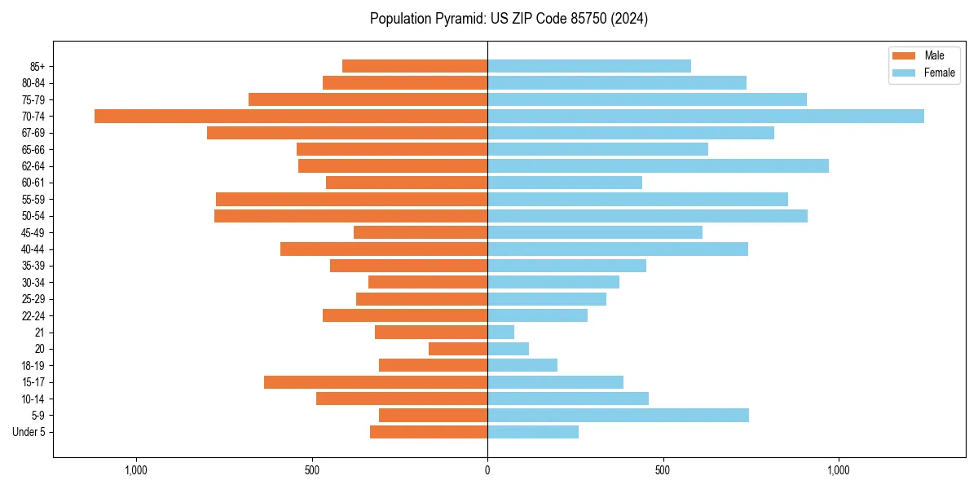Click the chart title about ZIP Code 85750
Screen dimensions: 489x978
point(509,19)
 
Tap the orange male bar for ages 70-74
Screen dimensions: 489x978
point(291,117)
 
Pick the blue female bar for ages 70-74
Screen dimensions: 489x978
point(706,117)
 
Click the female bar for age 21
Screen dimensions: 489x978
point(501,333)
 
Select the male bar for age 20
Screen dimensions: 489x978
point(458,349)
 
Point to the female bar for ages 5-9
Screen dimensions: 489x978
point(618,416)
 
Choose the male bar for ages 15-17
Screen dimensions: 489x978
point(376,382)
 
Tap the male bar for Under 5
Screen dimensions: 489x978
point(429,432)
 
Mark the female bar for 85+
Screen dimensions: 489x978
point(589,66)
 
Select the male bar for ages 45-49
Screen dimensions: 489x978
point(421,232)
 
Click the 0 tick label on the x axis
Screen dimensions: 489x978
point(487,470)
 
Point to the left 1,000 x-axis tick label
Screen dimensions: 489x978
point(135,470)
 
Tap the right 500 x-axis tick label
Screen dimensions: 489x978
point(663,470)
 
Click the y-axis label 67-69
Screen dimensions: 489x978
point(33,133)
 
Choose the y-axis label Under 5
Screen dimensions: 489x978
point(29,432)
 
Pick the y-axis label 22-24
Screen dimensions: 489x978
point(33,316)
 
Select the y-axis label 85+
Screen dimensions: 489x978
point(37,66)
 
